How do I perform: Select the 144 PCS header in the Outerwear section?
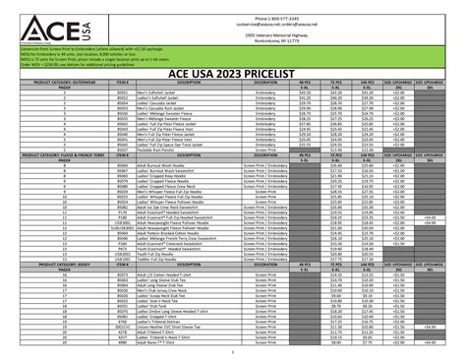click(x=369, y=84)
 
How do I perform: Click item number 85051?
click(x=123, y=100)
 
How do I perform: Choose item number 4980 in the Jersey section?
click(x=123, y=343)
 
